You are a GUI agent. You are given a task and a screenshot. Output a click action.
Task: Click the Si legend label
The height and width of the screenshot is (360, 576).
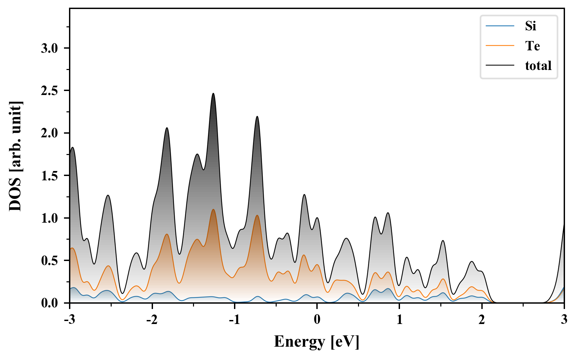(x=530, y=26)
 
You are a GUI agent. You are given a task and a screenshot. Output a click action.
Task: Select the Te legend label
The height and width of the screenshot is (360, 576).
(x=532, y=46)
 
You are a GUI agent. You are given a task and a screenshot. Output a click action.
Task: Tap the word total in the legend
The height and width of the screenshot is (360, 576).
(x=538, y=65)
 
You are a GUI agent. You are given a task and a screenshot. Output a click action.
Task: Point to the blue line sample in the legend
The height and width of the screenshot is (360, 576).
(x=500, y=26)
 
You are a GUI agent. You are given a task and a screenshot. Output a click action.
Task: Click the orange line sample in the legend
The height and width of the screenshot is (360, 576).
(x=500, y=46)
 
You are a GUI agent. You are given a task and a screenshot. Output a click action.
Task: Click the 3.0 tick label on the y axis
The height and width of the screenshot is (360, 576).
(x=49, y=48)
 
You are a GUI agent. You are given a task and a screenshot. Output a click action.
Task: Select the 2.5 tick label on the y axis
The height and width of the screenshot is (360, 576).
(x=49, y=91)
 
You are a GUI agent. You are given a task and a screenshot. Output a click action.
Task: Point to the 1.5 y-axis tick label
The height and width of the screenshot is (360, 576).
(x=49, y=176)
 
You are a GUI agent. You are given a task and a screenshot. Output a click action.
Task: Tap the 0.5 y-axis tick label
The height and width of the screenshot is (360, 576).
(x=49, y=261)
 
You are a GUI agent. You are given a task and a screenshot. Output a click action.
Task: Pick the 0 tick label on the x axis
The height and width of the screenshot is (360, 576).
(x=317, y=320)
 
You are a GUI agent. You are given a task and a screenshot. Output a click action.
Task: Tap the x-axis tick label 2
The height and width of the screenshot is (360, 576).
(x=482, y=320)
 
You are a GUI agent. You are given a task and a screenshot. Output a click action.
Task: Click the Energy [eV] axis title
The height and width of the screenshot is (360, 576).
(x=317, y=342)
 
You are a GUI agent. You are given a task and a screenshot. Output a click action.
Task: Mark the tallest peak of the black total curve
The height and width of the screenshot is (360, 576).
(x=213, y=94)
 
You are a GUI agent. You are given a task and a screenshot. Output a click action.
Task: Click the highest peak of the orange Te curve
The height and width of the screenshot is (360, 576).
(x=213, y=209)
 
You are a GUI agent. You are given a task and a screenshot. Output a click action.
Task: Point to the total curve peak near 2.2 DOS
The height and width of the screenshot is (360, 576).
(x=257, y=116)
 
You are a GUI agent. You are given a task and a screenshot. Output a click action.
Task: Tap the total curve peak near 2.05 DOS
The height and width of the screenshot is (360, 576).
(x=167, y=128)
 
